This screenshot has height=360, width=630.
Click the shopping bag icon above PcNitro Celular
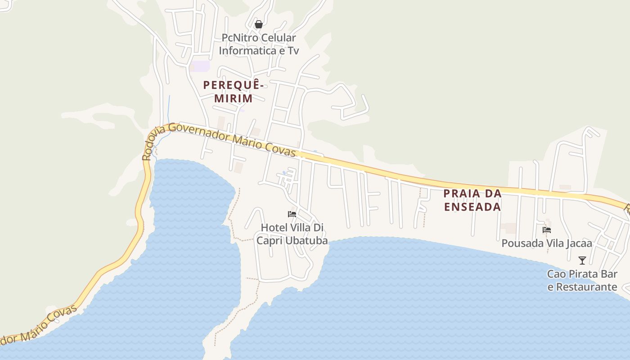(259, 24)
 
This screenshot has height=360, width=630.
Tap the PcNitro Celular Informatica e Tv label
(259, 44)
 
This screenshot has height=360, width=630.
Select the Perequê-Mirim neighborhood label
(233, 91)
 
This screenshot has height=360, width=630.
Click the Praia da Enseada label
(472, 200)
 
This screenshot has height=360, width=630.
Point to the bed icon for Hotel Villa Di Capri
(292, 214)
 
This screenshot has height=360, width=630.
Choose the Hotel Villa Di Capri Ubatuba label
(292, 234)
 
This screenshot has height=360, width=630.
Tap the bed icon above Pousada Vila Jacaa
(547, 230)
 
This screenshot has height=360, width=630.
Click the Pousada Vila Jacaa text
(547, 243)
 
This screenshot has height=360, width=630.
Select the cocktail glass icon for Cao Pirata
(582, 261)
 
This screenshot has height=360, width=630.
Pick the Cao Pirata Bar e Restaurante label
(582, 280)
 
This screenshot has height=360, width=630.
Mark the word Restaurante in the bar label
(587, 287)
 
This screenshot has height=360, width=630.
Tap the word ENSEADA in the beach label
(472, 207)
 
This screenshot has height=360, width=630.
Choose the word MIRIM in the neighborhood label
(233, 98)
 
